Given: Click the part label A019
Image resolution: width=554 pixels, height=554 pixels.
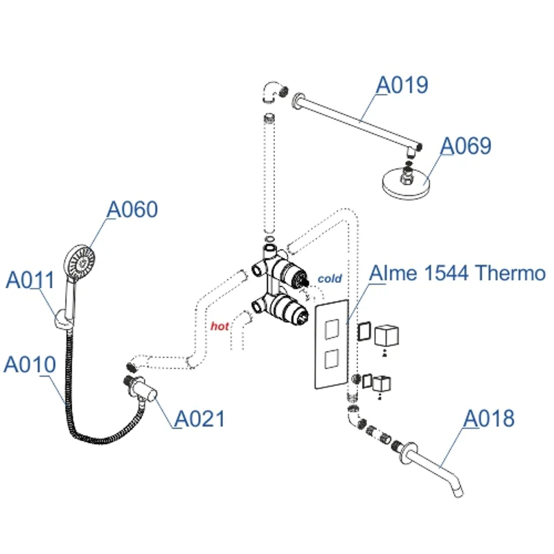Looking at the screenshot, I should [402, 85].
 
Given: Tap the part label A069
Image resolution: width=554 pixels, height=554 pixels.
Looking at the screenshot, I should [466, 146].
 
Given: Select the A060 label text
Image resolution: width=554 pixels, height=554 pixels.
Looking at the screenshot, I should [132, 209].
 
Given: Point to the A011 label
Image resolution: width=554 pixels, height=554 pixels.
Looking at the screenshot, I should [30, 280].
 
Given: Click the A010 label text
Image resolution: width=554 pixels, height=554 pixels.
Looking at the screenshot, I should [29, 364].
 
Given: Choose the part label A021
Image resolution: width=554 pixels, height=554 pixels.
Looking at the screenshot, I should [199, 418].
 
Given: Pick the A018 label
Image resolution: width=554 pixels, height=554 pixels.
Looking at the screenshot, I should [489, 418].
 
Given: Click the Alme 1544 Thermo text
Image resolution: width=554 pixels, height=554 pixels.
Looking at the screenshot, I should [457, 273].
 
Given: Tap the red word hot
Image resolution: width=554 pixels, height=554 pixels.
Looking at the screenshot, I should [220, 325].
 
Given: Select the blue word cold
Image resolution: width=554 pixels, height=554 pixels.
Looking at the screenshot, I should [330, 278].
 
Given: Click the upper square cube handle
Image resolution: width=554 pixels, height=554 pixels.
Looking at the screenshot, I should [386, 336].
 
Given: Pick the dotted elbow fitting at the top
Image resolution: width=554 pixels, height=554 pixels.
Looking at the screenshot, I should [271, 91].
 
